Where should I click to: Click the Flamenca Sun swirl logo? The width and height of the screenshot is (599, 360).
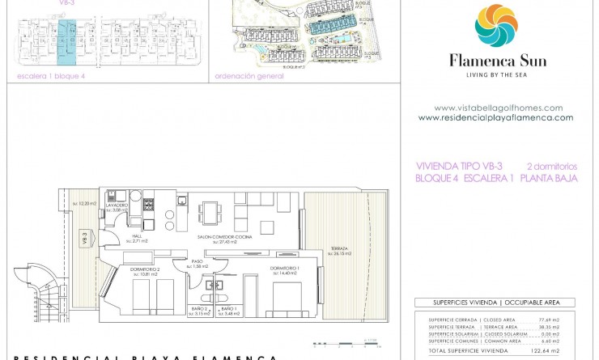pos(497,26)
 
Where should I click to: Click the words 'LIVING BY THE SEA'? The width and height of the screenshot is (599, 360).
pos(497,74)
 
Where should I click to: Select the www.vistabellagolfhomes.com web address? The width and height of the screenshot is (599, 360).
pos(498,108)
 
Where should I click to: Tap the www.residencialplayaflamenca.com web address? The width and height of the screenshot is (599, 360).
pos(495,117)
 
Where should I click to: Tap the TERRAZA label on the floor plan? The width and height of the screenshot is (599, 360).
pos(338,248)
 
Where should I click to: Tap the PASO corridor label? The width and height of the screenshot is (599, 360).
pos(197,260)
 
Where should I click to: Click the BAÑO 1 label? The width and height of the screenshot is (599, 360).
pos(227,309)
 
